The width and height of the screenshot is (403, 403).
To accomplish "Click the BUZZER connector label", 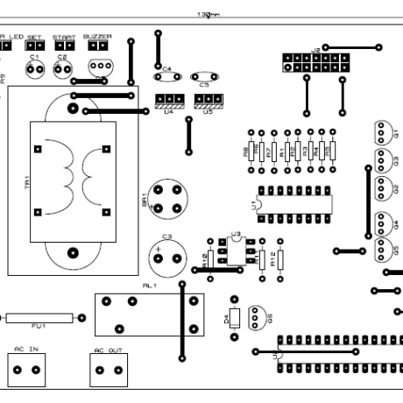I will (97, 37).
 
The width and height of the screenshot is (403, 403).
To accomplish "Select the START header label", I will (63, 37).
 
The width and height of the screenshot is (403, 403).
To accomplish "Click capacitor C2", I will (61, 67).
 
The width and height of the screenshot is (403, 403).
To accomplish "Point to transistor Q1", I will (381, 132).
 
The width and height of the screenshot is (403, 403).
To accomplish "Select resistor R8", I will (251, 151).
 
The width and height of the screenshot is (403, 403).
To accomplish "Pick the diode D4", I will (234, 318).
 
